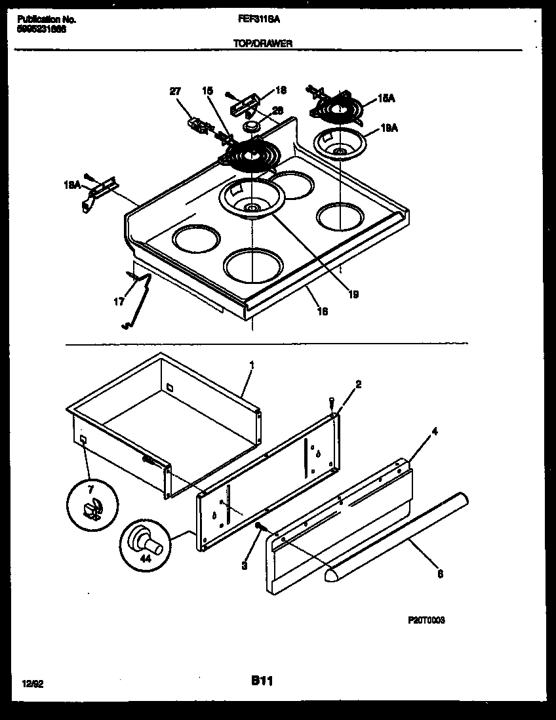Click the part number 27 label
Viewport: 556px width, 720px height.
click(x=174, y=92)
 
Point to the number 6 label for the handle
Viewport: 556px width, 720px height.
click(x=440, y=574)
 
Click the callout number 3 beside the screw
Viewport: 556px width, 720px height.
click(x=244, y=565)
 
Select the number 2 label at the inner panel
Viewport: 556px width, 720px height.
click(x=358, y=384)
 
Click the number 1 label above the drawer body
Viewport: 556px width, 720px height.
click(x=252, y=365)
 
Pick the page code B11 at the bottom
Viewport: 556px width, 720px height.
click(x=261, y=681)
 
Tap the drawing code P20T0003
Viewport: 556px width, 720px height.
click(x=426, y=620)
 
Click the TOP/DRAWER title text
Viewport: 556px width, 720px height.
click(x=262, y=43)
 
